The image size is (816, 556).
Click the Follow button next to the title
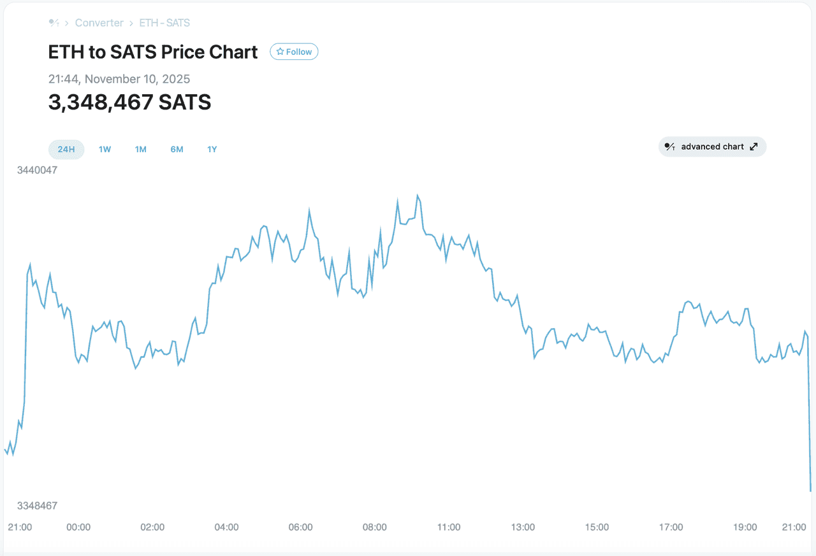click(294, 52)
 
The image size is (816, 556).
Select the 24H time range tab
click(66, 150)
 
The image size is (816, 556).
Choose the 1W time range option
click(105, 150)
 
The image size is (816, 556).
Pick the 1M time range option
click(140, 150)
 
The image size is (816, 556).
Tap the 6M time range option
click(177, 150)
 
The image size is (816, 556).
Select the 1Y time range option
click(212, 150)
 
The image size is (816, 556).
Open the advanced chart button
click(712, 146)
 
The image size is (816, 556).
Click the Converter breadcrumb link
click(99, 23)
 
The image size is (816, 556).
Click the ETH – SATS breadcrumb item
click(164, 23)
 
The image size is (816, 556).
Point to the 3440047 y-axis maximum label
click(37, 170)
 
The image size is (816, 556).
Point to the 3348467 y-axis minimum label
click(37, 506)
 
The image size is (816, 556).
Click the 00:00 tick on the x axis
click(78, 527)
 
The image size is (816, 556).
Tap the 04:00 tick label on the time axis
click(226, 527)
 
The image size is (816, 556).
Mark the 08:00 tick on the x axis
click(374, 527)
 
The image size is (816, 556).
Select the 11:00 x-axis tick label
click(449, 527)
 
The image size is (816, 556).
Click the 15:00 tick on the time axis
click(597, 527)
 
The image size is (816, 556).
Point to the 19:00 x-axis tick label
click(745, 527)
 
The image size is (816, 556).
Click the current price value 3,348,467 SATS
click(129, 102)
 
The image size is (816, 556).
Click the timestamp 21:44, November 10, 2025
click(119, 79)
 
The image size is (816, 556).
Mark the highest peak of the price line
click(418, 196)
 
